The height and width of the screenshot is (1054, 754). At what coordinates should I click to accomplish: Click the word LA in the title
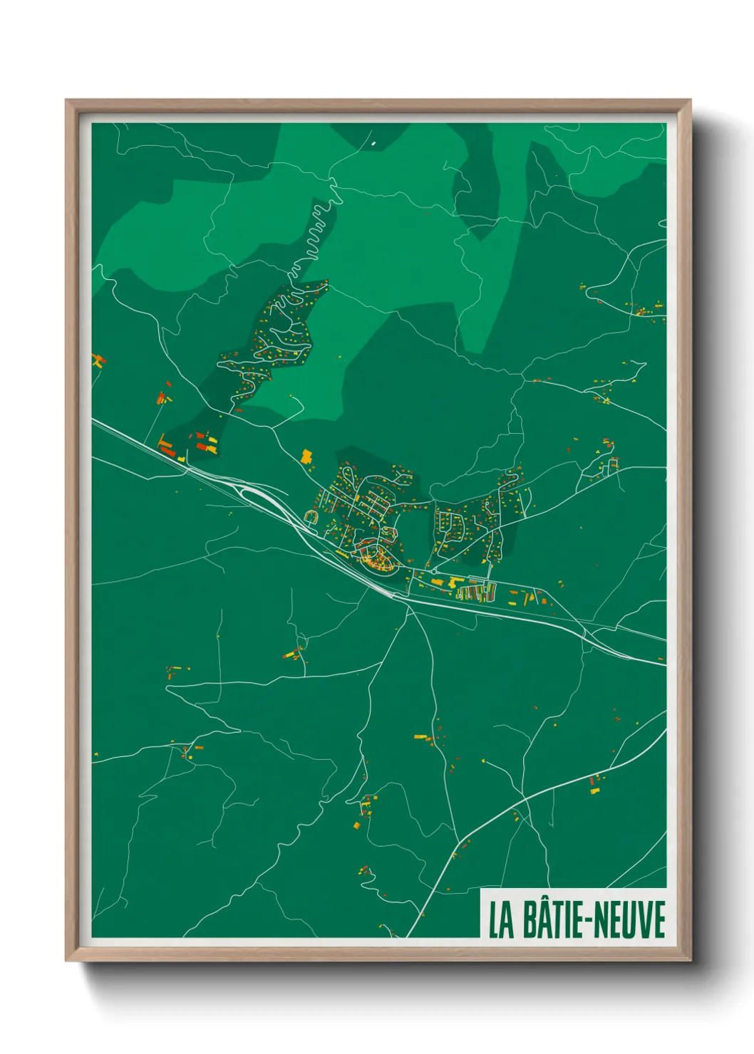501,919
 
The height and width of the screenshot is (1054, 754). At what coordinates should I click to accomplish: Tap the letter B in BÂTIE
531,919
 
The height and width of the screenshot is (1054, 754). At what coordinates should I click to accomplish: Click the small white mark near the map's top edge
373,143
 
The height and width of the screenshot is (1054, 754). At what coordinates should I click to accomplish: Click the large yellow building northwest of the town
307,456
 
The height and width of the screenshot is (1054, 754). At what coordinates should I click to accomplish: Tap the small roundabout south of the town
434,570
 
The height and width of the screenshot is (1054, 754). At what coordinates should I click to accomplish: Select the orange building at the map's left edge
98,360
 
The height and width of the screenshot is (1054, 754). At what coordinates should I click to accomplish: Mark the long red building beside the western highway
167,448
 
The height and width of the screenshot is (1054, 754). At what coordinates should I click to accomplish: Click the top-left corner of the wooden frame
67,101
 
